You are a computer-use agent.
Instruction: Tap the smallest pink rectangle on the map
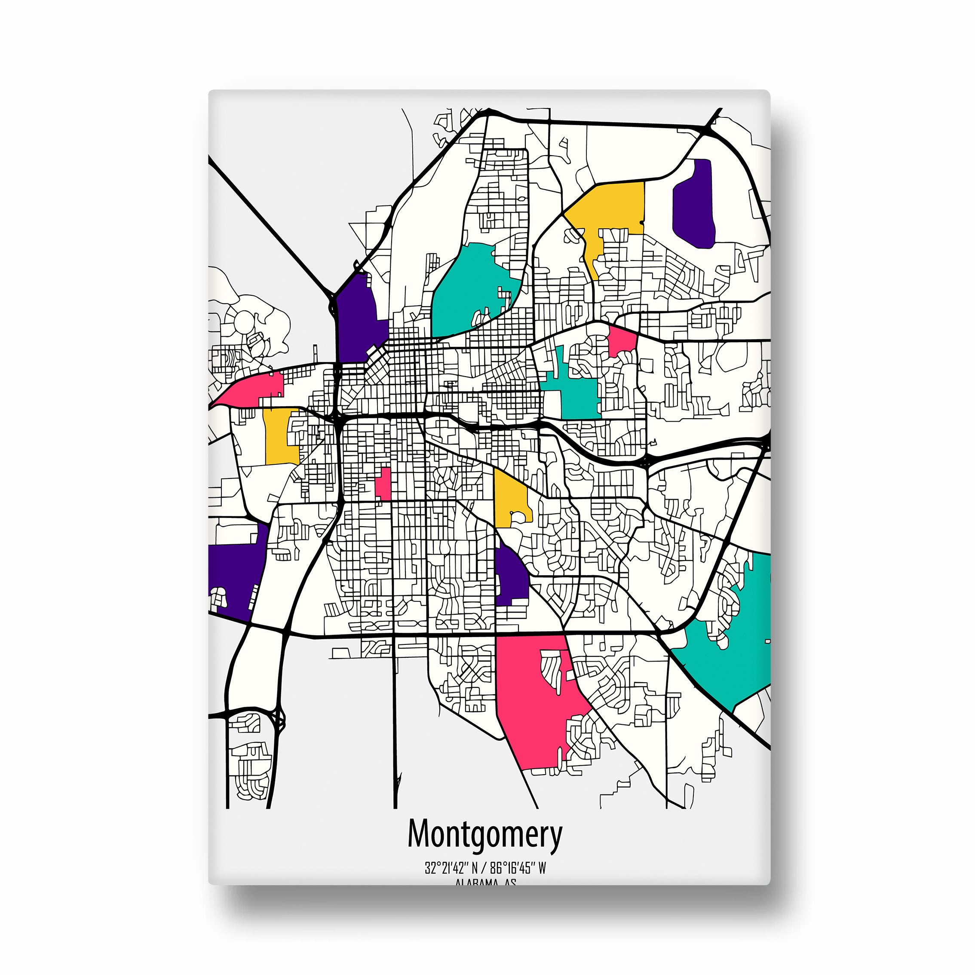383,484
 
